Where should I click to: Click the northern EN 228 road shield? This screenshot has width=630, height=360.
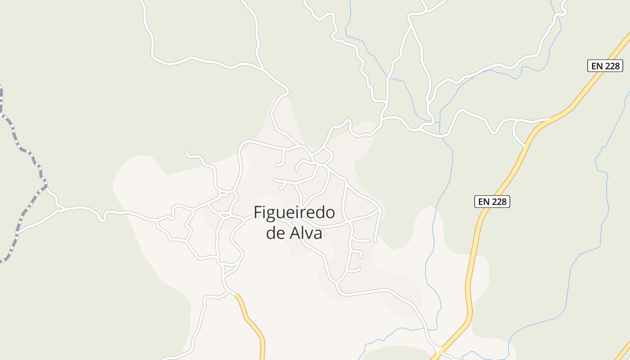click(605, 66)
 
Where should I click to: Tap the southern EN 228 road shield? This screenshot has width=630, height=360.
click(492, 202)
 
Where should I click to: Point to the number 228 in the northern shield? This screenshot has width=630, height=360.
click(611, 66)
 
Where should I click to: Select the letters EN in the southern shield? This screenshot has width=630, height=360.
click(483, 202)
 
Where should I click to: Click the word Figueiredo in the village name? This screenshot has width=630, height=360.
click(294, 213)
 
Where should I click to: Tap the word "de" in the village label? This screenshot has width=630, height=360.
click(274, 234)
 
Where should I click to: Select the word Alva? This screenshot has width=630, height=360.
click(305, 234)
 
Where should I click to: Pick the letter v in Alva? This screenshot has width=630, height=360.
click(309, 234)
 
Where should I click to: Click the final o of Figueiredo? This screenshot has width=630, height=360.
click(330, 213)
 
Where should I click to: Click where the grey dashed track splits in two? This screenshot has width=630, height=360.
click(45, 185)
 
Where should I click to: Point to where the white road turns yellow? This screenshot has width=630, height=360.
click(235, 294)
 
